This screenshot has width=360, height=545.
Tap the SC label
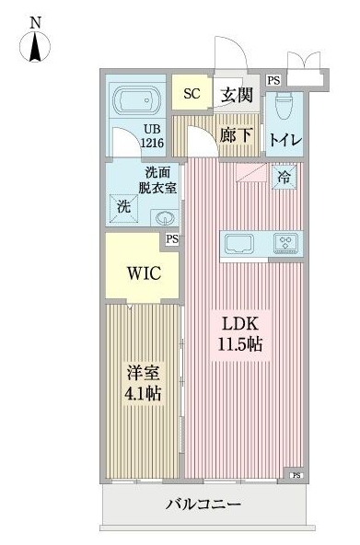tap(192, 93)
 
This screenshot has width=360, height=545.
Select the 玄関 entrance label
tap(237, 94)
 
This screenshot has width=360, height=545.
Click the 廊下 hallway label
tap(237, 135)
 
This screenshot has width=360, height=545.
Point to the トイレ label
tap(286, 140)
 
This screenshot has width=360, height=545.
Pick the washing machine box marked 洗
tap(124, 207)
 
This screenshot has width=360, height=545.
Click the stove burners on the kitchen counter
tap(285, 244)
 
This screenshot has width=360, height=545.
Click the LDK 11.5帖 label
tap(241, 334)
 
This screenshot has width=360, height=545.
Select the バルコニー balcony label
tap(203, 504)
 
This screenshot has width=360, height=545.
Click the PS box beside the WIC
tap(172, 240)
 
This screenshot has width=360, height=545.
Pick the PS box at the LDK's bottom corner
tap(296, 475)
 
